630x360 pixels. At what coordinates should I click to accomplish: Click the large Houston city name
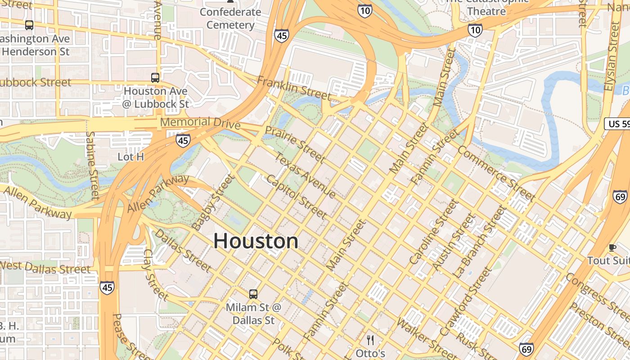(x=256, y=241)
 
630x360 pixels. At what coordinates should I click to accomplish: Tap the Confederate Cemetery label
(x=230, y=18)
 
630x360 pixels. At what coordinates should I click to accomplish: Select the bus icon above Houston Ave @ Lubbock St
(x=155, y=78)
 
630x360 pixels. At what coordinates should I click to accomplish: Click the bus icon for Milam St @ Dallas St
(x=253, y=294)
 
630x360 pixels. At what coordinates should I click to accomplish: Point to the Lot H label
(x=130, y=157)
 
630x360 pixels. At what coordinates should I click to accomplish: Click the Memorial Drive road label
(x=200, y=122)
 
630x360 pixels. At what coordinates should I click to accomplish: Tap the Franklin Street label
(x=293, y=88)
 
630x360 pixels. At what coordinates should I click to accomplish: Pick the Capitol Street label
(x=297, y=197)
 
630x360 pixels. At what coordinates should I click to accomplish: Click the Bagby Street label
(x=213, y=203)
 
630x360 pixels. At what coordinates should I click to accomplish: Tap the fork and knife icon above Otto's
(x=370, y=340)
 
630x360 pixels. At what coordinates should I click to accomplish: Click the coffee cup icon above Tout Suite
(x=612, y=247)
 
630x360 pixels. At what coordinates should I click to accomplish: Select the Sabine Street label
(x=92, y=165)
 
